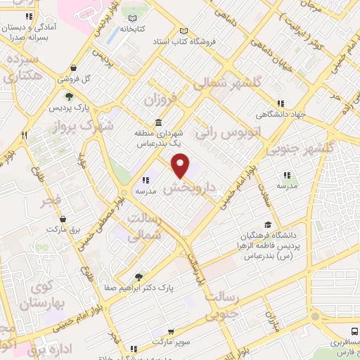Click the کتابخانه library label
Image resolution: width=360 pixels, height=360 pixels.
(x=131, y=30)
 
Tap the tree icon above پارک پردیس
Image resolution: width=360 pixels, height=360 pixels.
(x=69, y=97)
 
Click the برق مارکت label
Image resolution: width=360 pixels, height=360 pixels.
(x=60, y=230)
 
